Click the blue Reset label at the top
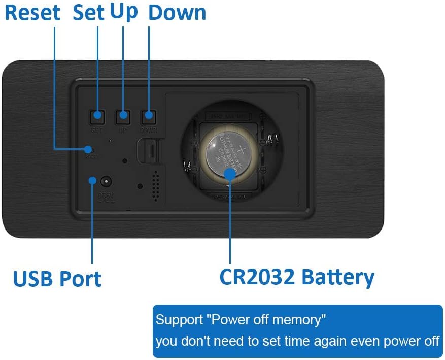pyautogui.click(x=32, y=13)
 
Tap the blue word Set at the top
pyautogui.click(x=88, y=13)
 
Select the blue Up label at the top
pyautogui.click(x=124, y=12)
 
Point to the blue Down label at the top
pyautogui.click(x=177, y=13)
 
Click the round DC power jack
pyautogui.click(x=106, y=181)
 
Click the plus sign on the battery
pyautogui.click(x=238, y=148)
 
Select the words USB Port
pyautogui.click(x=57, y=279)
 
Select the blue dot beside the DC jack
pyautogui.click(x=92, y=180)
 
